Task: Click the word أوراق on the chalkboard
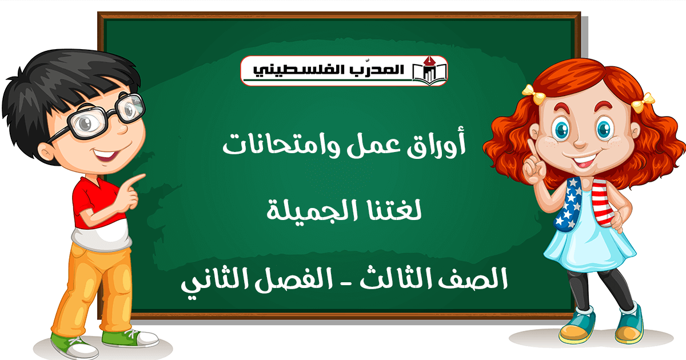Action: click(x=436, y=143)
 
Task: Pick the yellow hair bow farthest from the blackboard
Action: click(x=643, y=102)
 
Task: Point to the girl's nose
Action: click(x=580, y=142)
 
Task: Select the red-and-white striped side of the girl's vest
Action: click(x=603, y=202)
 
